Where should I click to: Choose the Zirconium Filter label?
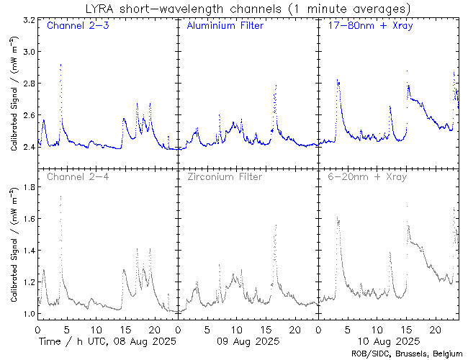coord(224,176)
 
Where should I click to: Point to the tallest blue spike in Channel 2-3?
coord(60,65)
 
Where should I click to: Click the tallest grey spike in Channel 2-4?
coord(60,197)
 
